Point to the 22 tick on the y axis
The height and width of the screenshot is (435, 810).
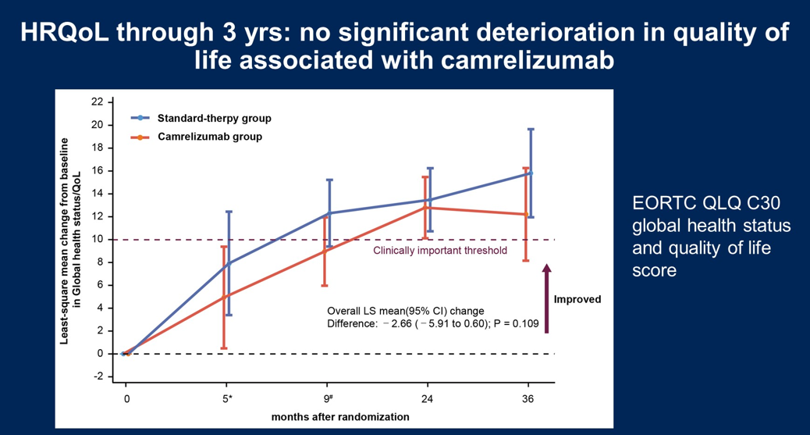(x=98, y=102)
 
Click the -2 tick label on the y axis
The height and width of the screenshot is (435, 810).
(x=98, y=376)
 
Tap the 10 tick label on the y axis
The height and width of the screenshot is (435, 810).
(x=98, y=239)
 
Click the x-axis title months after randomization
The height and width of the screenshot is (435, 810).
(x=340, y=417)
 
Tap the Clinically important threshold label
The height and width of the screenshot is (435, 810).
(x=440, y=251)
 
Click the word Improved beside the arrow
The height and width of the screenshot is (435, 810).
(x=577, y=299)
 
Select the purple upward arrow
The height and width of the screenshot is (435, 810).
(x=546, y=298)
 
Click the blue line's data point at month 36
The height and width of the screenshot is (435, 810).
(x=531, y=173)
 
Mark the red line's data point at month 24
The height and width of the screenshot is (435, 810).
(x=425, y=208)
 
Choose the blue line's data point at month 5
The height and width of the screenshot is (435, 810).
(x=229, y=264)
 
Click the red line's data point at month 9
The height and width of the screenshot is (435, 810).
(x=325, y=250)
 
